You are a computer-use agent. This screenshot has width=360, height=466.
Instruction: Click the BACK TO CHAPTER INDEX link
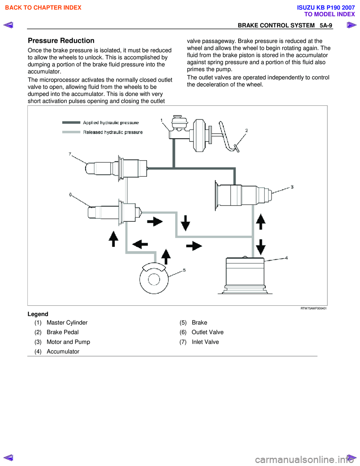point(43,8)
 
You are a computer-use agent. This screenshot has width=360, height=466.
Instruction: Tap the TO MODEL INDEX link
point(329,14)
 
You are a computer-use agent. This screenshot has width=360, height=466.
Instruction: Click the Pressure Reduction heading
point(61,41)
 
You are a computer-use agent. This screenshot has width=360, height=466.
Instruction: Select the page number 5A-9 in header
point(325,26)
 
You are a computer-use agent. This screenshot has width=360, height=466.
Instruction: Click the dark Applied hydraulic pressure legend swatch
point(71,122)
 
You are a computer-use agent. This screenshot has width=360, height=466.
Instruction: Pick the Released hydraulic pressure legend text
point(113,132)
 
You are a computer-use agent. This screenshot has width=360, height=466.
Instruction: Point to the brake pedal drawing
point(228,137)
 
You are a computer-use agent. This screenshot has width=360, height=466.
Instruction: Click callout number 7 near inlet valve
point(70,154)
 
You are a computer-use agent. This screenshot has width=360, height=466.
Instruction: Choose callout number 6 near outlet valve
point(70,194)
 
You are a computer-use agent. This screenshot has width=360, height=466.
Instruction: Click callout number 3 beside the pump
point(292,187)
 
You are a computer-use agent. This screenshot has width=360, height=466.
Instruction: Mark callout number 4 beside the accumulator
point(286,258)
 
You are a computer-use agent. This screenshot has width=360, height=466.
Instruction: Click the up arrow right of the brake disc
point(166,257)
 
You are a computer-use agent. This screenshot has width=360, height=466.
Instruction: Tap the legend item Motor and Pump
point(68,342)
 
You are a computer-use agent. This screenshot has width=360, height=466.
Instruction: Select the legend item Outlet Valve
point(207,332)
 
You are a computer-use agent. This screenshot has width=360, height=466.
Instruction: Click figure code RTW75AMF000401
point(313,308)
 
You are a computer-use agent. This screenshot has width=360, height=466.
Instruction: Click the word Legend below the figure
point(38,314)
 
